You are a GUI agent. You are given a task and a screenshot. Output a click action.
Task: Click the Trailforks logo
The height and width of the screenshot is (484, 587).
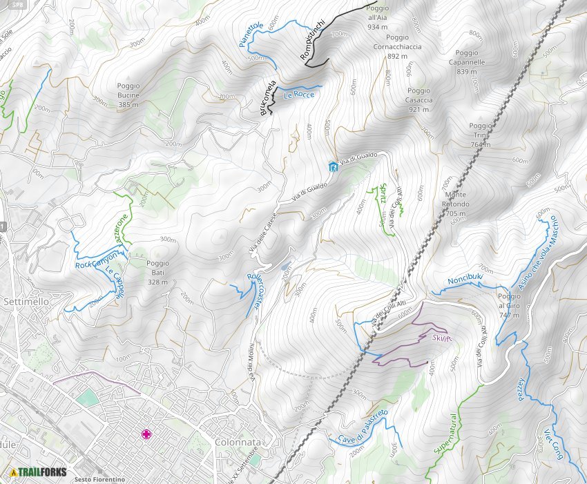coord(39,472)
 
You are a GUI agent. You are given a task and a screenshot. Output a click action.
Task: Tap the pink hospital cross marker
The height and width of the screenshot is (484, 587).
coord(146,434)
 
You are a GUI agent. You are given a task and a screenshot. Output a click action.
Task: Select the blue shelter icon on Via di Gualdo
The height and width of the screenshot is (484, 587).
coord(334,166)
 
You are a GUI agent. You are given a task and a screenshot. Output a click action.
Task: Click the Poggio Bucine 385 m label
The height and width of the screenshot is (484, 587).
coord(128,95)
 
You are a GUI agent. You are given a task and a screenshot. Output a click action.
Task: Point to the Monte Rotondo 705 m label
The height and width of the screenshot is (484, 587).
coord(455,204)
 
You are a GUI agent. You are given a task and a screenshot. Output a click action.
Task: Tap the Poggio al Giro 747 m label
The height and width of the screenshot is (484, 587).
coord(508,305)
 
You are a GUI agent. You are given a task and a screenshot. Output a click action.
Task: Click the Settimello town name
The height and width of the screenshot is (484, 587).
coord(25,302)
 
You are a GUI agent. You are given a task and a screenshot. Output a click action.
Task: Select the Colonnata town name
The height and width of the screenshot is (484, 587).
coord(237,442)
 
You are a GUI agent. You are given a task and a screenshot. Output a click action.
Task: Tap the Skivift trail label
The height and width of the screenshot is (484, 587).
coord(442,337)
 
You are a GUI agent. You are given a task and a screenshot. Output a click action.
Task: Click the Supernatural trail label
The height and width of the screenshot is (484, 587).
coord(445,434)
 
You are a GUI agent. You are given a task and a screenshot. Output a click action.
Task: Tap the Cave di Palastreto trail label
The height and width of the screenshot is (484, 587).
coord(362,428)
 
